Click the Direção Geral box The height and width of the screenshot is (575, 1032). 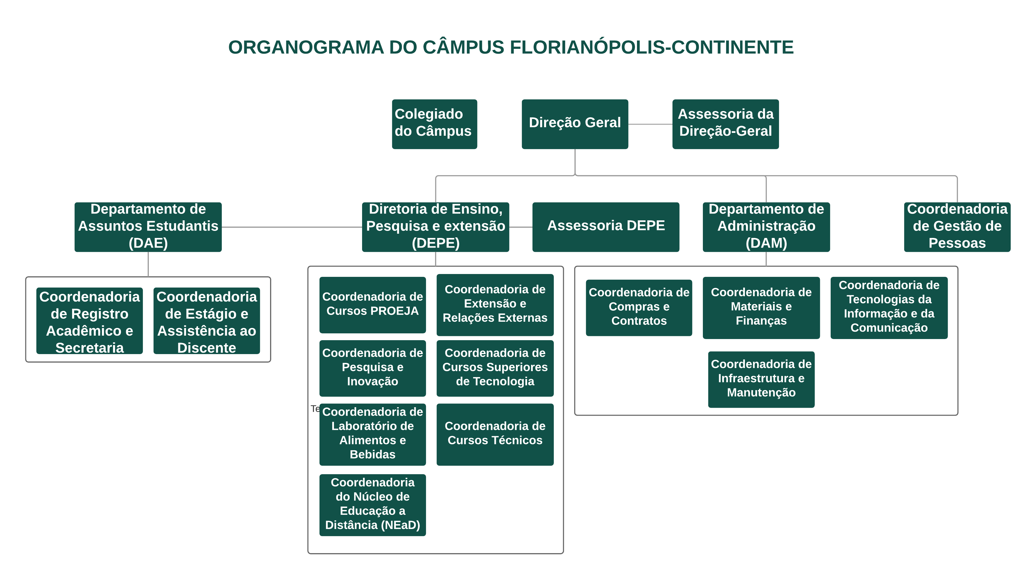[575, 124]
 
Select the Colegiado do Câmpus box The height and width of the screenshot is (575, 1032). [434, 124]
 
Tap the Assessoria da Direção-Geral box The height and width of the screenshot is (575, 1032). [725, 124]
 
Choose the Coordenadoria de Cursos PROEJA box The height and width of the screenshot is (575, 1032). [372, 304]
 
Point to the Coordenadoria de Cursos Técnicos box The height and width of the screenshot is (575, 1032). [495, 434]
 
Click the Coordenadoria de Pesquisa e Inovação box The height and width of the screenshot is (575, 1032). [372, 368]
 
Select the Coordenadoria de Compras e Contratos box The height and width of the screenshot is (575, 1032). [639, 307]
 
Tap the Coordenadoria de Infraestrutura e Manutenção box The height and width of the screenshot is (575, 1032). [761, 379]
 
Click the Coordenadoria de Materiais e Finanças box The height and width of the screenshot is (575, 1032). [761, 307]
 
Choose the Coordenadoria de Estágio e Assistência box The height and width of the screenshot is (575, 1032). [206, 321]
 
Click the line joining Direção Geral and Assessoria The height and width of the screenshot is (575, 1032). [650, 124]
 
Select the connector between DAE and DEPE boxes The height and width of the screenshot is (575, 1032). [291, 227]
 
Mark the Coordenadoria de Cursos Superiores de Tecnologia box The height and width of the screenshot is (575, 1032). [495, 368]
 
